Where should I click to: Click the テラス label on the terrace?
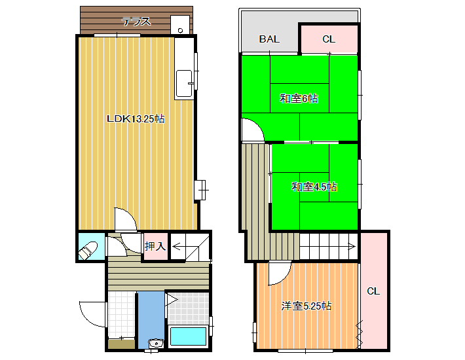(136, 22)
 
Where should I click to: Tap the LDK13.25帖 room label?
(136, 119)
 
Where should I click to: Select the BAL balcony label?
(269, 39)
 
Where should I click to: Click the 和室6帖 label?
(299, 98)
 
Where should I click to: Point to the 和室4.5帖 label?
(314, 187)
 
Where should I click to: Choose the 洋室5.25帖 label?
(307, 306)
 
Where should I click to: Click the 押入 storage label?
(155, 246)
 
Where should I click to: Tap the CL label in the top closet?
(329, 39)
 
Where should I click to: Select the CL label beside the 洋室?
(373, 291)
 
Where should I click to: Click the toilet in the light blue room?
(88, 251)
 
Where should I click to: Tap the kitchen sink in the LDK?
(184, 84)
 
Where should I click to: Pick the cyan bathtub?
(189, 336)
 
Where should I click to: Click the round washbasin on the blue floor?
(156, 343)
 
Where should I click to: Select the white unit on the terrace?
(180, 25)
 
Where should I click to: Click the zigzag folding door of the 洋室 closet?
(359, 335)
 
